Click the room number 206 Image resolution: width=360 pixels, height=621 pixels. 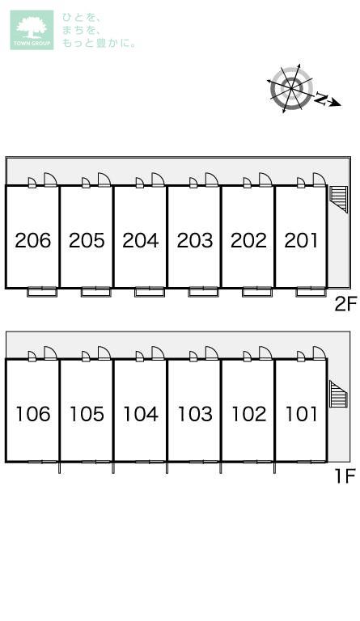(33, 240)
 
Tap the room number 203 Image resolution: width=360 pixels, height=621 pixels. (195, 240)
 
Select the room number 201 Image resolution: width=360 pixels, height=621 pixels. (302, 240)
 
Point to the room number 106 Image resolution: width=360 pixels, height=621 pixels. (33, 414)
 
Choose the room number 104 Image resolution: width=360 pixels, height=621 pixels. (141, 414)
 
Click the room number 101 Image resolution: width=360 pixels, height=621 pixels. (302, 414)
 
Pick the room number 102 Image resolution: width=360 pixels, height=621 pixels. (248, 414)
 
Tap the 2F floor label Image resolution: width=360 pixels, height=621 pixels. (345, 304)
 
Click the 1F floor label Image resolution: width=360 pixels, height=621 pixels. (345, 475)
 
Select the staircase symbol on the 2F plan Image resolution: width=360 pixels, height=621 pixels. (338, 198)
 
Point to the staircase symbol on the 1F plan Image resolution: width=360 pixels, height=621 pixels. (339, 394)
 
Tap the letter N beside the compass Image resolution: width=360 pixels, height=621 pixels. (321, 99)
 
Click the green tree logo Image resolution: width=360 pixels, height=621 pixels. (32, 30)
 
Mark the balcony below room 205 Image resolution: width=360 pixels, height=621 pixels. (95, 292)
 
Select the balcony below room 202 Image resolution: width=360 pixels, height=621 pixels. (257, 292)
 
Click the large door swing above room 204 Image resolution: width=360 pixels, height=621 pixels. (158, 180)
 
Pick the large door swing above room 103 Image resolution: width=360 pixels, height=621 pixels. (211, 353)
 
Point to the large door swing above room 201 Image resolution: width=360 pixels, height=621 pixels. (320, 180)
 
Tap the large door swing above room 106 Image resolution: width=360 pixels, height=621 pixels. (50, 353)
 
